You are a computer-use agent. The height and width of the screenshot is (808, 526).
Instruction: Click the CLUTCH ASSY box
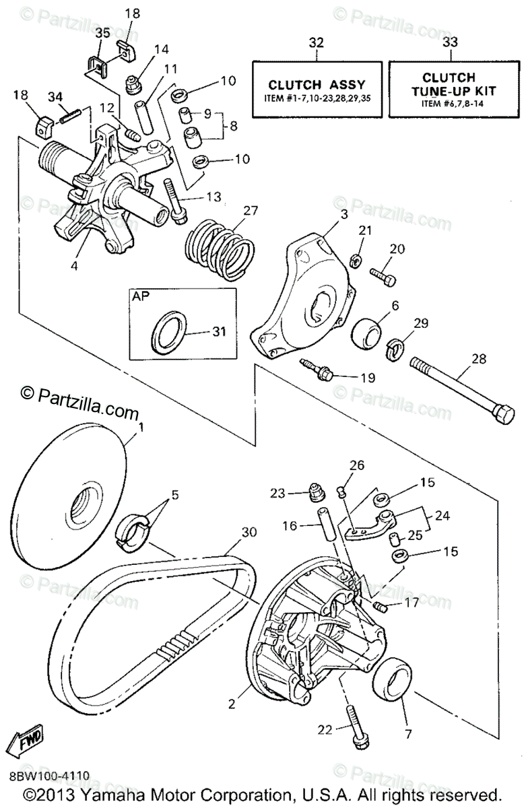[317, 90]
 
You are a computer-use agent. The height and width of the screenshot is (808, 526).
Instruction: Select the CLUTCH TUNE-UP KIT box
[450, 90]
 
